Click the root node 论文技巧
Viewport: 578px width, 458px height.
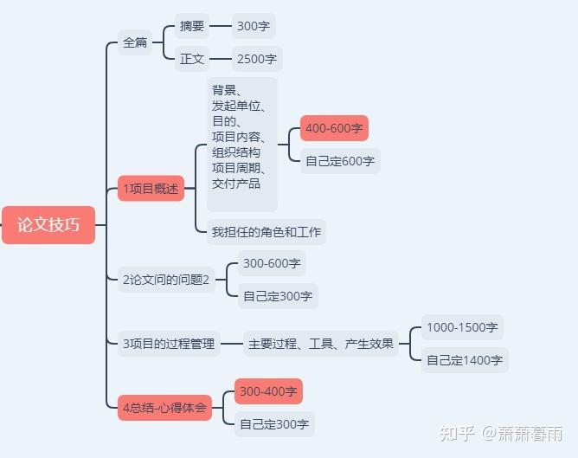(48, 225)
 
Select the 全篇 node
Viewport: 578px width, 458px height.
(135, 42)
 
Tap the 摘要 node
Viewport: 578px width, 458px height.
(192, 26)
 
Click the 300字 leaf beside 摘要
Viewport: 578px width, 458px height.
(254, 26)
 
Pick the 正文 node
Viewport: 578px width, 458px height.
(192, 59)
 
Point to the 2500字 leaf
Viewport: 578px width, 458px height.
(257, 59)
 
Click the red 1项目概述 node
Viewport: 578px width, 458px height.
(151, 189)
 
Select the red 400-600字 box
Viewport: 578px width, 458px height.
(334, 128)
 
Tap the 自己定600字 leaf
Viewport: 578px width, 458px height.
(340, 161)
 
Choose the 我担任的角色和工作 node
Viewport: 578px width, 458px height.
(267, 231)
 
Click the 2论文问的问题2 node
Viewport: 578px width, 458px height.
(166, 280)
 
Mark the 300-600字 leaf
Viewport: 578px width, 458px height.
(272, 263)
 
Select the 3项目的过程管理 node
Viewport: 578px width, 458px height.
(169, 344)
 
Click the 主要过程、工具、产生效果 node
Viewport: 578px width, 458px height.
(321, 344)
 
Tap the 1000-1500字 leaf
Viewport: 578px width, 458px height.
(462, 327)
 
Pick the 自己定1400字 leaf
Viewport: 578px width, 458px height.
(465, 360)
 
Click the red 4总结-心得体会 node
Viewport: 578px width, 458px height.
(164, 408)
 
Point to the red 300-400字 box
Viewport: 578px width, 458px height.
(269, 391)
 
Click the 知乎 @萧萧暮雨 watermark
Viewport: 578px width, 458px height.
(501, 434)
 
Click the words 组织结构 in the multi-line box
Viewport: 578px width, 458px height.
(236, 152)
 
